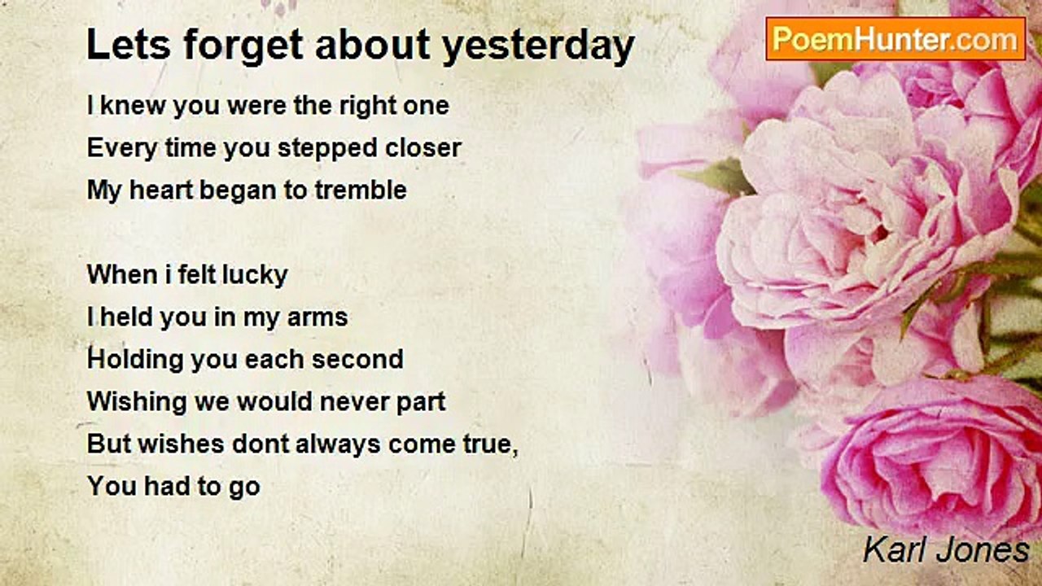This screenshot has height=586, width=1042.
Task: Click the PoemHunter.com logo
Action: (895, 39)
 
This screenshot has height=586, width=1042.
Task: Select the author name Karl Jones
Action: (946, 551)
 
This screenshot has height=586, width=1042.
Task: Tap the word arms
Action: (317, 318)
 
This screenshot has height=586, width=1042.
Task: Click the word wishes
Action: (182, 444)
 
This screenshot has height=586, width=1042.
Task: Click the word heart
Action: (160, 190)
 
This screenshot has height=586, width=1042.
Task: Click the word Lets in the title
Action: (129, 45)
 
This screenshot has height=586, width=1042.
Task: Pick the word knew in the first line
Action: (133, 106)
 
